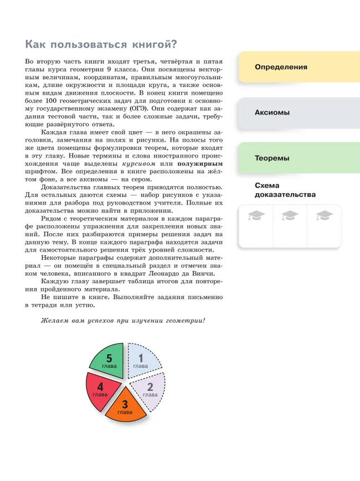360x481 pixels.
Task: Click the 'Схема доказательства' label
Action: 285,190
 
